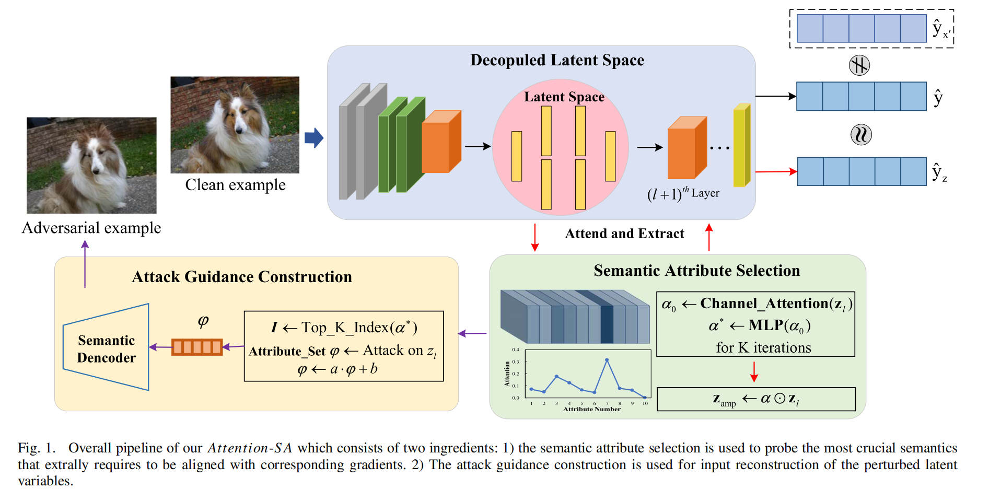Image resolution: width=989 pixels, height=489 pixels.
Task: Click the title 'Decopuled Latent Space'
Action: tap(557, 60)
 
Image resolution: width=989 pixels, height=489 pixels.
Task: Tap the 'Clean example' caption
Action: tap(235, 185)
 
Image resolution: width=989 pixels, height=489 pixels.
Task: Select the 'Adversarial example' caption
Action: tap(91, 228)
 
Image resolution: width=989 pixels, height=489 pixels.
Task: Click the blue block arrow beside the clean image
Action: tap(313, 138)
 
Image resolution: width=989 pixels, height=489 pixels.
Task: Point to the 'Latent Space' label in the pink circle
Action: tap(564, 97)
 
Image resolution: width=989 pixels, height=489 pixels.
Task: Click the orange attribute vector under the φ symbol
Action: tap(197, 347)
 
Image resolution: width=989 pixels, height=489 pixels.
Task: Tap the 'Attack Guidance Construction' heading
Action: tap(242, 277)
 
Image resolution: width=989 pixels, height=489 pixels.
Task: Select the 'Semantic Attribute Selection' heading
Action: tap(696, 271)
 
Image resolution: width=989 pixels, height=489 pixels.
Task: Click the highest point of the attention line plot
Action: tap(607, 360)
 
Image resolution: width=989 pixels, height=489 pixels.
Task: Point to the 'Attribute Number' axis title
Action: tap(592, 409)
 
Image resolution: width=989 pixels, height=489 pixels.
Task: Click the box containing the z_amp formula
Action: tap(755, 399)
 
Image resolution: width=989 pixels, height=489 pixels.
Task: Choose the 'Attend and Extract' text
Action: tap(624, 234)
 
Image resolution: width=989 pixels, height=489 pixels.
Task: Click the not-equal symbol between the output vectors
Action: tap(859, 65)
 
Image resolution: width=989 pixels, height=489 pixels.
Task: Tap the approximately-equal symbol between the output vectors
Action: tap(861, 135)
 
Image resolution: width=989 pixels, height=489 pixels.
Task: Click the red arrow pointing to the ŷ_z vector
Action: tap(776, 171)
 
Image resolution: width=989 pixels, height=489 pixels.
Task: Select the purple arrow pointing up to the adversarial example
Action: tap(85, 264)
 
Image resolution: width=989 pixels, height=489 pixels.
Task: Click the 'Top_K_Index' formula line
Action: tap(344, 328)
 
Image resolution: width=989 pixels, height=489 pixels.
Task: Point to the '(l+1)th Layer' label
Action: tap(683, 194)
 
